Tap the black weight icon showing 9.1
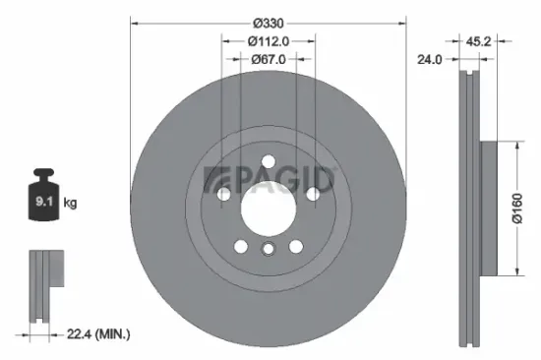44,201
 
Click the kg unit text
69,204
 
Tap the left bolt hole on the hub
224,195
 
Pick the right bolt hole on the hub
312,195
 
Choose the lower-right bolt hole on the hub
295,246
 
